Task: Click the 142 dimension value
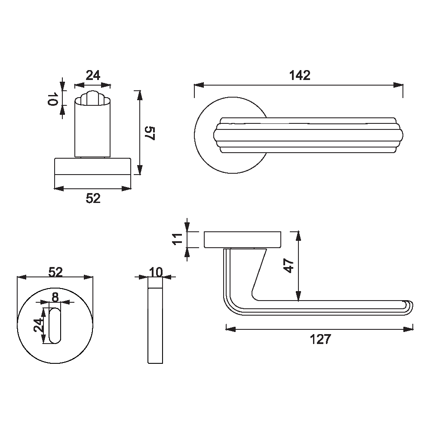pyautogui.click(x=300, y=75)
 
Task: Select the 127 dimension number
pyautogui.click(x=321, y=339)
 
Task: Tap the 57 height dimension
pyautogui.click(x=150, y=133)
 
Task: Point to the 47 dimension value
pyautogui.click(x=289, y=266)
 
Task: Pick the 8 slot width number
pyautogui.click(x=55, y=297)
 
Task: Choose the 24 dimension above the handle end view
pyautogui.click(x=93, y=75)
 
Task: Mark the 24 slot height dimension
pyautogui.click(x=39, y=325)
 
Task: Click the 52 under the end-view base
pyautogui.click(x=93, y=198)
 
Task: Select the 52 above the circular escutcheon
pyautogui.click(x=55, y=272)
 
